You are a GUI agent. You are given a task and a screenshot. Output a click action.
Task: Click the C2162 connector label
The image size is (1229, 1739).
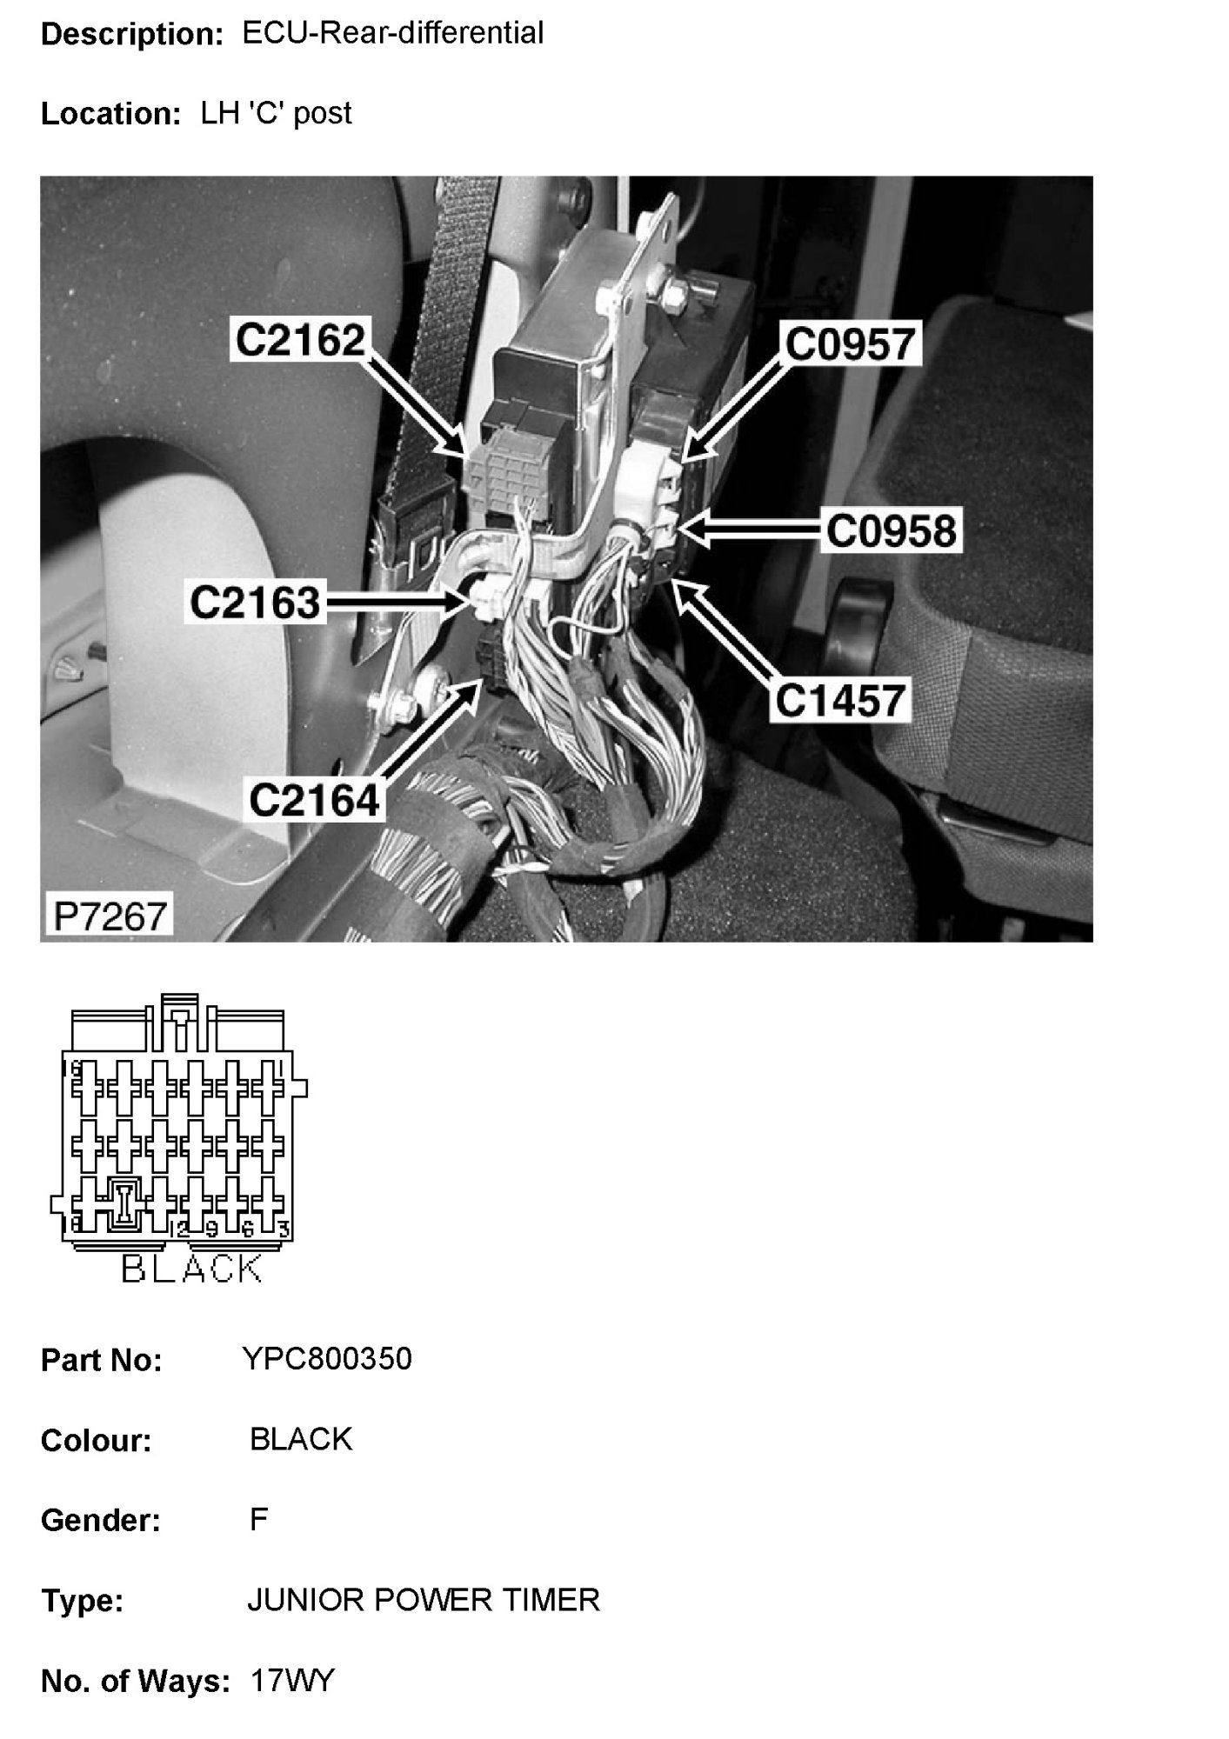[301, 340]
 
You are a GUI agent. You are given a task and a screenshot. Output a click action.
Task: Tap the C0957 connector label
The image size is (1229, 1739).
[850, 343]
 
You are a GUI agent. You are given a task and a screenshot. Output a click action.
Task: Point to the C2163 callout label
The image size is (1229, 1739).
[255, 602]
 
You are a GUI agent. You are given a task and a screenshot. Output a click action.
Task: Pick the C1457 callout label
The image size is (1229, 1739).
[840, 701]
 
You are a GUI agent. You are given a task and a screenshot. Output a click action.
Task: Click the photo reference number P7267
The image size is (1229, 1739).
[110, 916]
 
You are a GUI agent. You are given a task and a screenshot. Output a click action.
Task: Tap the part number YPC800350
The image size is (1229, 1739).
[329, 1359]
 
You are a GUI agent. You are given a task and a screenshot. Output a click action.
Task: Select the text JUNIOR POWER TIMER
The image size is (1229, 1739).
[424, 1600]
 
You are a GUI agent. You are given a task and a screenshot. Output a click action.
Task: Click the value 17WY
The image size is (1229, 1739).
[291, 1681]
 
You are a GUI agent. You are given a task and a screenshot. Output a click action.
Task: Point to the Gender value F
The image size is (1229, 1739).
[258, 1520]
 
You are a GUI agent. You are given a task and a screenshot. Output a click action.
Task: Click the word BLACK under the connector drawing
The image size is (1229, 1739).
[191, 1269]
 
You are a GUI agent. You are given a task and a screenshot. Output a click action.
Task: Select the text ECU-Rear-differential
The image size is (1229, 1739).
[392, 33]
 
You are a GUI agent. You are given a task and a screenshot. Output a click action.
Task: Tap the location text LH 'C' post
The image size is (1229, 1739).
[277, 113]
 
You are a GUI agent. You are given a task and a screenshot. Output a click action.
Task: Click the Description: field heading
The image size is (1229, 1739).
[132, 35]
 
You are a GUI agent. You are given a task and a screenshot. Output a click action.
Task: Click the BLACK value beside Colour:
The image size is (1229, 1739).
[301, 1440]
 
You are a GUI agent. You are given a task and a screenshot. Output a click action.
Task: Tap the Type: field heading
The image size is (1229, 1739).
[82, 1601]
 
